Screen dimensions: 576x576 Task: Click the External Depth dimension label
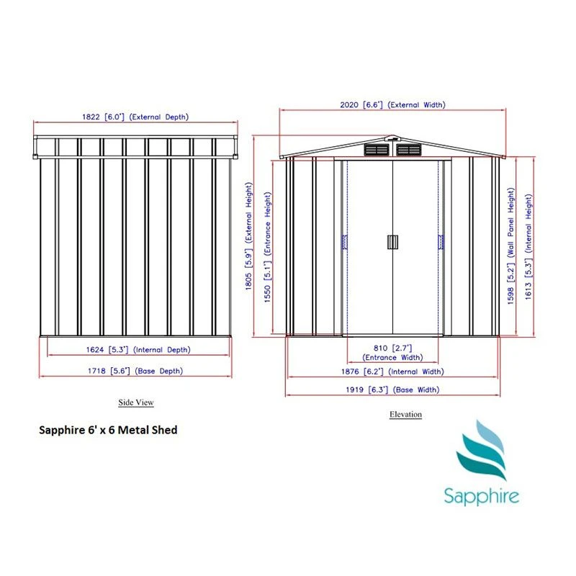[x=135, y=117]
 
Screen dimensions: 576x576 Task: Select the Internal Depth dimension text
[x=138, y=350]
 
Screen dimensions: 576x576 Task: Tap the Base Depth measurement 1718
[x=96, y=371]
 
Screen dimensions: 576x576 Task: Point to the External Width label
[x=392, y=104]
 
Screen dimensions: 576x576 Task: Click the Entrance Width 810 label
[x=392, y=353]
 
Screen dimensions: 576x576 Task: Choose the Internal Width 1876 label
[x=392, y=372]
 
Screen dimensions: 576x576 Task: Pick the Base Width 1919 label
[x=392, y=390]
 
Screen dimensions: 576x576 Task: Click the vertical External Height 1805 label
[x=249, y=236]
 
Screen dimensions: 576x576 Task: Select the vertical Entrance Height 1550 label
[x=267, y=247]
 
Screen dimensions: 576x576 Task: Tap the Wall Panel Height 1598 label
[x=510, y=246]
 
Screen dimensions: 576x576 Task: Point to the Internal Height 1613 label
[x=528, y=247]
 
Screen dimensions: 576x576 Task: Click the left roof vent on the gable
[x=377, y=150]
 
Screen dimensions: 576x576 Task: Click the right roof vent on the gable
[x=409, y=150]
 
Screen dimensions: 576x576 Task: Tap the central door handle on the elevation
[x=392, y=242]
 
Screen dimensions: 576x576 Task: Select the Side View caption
[x=136, y=402]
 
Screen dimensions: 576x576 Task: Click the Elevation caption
[x=405, y=415]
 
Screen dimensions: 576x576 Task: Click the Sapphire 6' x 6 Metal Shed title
[x=108, y=430]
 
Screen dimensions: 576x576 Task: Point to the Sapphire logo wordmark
[x=481, y=495]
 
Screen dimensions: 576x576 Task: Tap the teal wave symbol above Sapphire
[x=481, y=450]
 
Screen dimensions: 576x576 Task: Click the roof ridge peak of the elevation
[x=392, y=135]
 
